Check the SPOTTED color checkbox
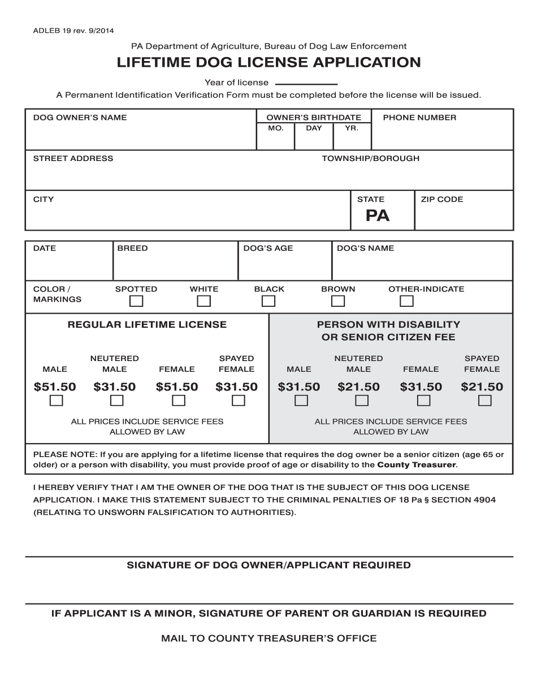(136, 301)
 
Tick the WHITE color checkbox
(203, 301)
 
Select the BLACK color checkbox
(268, 301)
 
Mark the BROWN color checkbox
(338, 301)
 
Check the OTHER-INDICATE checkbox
(406, 301)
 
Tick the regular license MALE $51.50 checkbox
(57, 401)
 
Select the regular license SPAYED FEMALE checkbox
(239, 401)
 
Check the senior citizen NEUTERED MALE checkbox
(362, 401)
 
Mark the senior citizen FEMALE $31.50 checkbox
(423, 401)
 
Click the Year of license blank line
(306, 83)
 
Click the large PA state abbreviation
(377, 215)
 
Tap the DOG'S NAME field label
(365, 248)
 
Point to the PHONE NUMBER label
(419, 118)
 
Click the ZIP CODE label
(441, 199)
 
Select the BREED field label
(132, 248)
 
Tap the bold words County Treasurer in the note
(416, 465)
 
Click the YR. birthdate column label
(352, 128)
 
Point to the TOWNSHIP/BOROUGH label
(370, 159)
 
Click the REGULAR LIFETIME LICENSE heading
(147, 324)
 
